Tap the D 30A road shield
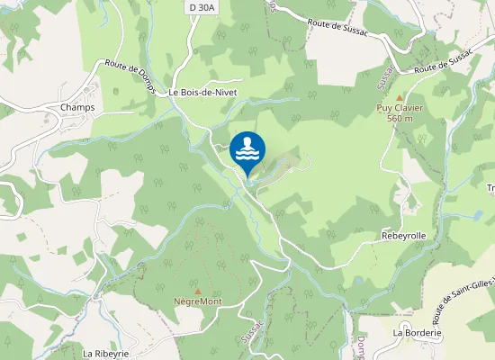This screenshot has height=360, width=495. tap(201, 7)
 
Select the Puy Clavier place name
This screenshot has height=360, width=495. tap(400, 108)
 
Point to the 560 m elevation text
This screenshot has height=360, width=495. tap(400, 118)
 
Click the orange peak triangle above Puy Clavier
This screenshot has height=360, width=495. tap(400, 97)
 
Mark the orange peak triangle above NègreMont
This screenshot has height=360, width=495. tap(198, 291)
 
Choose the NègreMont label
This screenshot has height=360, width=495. tap(198, 301)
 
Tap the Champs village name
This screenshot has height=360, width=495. tap(77, 107)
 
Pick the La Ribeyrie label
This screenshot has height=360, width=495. tap(106, 354)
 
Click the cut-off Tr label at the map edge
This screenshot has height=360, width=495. tap(490, 187)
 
